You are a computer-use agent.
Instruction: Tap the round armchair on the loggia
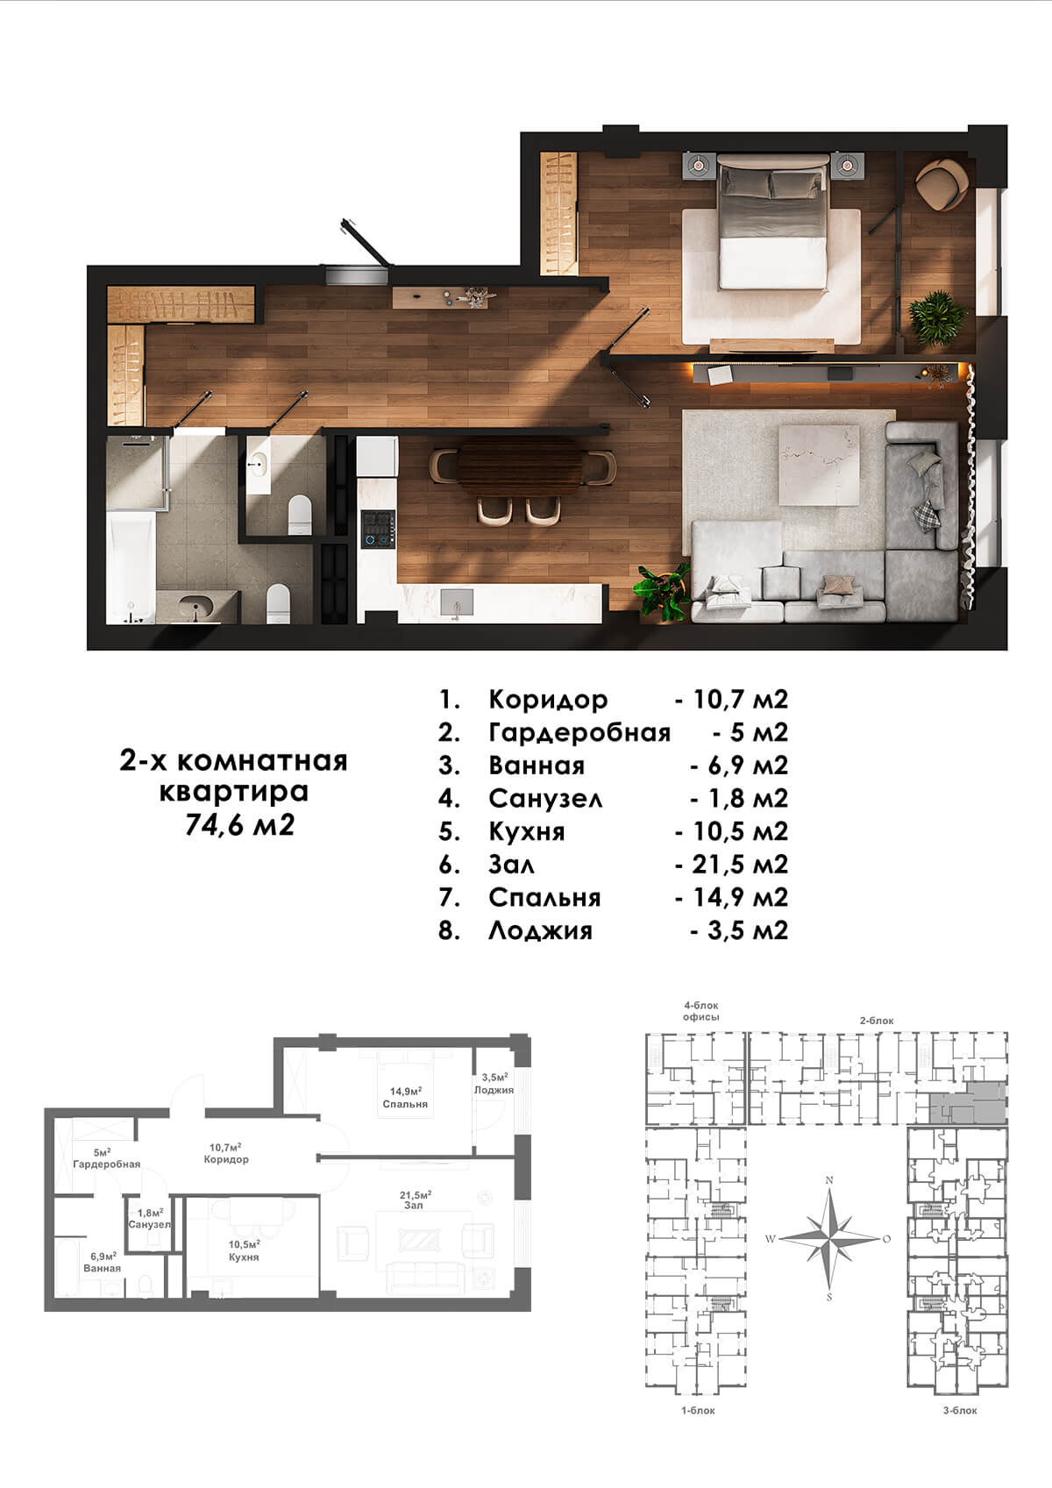click(x=941, y=185)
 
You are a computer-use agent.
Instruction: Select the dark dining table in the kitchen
click(x=520, y=466)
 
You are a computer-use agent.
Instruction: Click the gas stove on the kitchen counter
click(x=378, y=529)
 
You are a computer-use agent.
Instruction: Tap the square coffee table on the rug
click(x=819, y=466)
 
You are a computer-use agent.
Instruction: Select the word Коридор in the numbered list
click(x=548, y=700)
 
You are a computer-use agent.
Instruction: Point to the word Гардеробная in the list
click(x=579, y=733)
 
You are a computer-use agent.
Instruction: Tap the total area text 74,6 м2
click(x=239, y=825)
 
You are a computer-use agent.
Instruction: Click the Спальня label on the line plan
click(x=405, y=1104)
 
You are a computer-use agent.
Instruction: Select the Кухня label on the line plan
click(x=244, y=1257)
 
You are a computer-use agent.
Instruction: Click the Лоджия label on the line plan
click(x=494, y=1090)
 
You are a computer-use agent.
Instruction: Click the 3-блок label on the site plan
click(x=960, y=1410)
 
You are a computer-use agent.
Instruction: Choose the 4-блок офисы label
click(x=701, y=1011)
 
